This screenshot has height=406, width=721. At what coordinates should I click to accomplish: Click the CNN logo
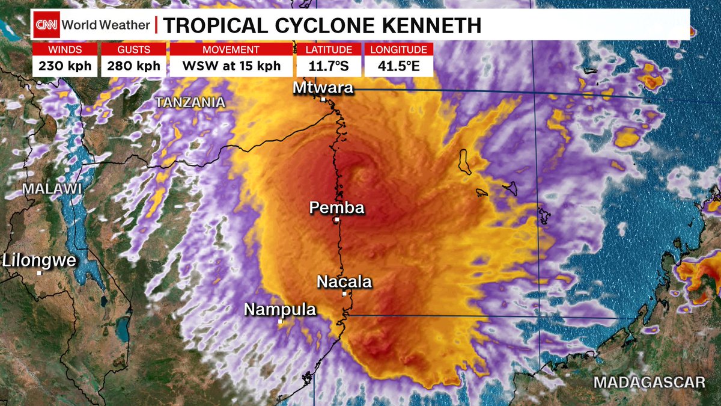tap(46, 25)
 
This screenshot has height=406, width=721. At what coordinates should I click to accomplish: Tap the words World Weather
tap(105, 25)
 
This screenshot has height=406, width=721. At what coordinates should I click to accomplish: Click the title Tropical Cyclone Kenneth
tap(323, 25)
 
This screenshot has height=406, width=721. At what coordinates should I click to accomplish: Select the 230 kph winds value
tap(65, 66)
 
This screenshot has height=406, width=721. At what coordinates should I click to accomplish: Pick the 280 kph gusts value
tap(133, 66)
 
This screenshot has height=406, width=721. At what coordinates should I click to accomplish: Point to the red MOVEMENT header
tap(231, 49)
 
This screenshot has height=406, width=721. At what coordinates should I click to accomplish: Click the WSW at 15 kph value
tap(231, 66)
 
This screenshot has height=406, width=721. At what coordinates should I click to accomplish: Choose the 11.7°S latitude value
tap(329, 66)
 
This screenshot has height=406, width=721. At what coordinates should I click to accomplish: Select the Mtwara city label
tap(323, 88)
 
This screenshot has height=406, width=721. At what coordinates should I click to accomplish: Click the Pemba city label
tap(336, 208)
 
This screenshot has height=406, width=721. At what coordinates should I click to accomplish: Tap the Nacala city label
tap(344, 281)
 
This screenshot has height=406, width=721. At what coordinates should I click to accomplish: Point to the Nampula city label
tap(280, 310)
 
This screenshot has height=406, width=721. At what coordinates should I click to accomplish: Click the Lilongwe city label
tap(40, 260)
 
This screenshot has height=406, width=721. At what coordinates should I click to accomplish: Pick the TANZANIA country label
tap(190, 103)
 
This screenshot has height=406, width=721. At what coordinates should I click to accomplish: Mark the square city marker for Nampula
tap(280, 322)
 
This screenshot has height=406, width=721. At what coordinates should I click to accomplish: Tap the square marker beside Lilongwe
tap(40, 272)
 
